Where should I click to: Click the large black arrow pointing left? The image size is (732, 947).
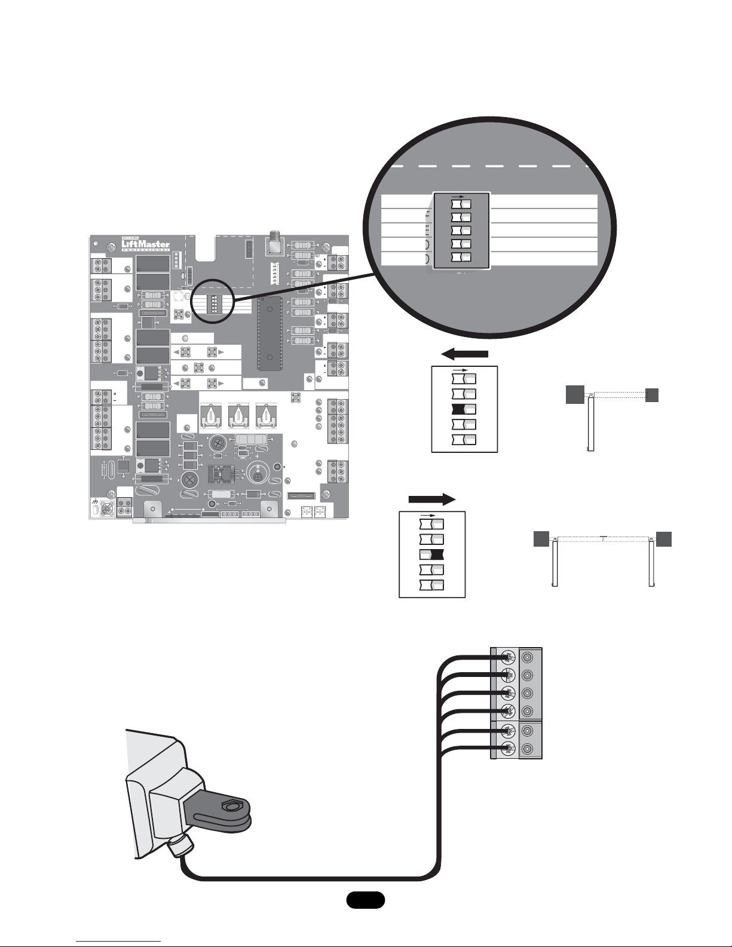(464, 355)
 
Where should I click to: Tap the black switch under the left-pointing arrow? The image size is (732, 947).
(464, 409)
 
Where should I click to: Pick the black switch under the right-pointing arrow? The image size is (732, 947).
(431, 554)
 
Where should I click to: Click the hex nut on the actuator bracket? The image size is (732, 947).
(230, 807)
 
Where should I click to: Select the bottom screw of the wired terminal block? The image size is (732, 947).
(507, 747)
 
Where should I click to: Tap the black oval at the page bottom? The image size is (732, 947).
(365, 900)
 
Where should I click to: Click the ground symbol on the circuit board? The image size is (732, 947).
(96, 500)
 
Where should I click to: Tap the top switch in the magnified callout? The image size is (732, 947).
(461, 204)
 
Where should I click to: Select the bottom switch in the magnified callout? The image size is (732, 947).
(461, 257)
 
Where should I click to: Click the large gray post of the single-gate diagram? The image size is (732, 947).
(575, 395)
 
